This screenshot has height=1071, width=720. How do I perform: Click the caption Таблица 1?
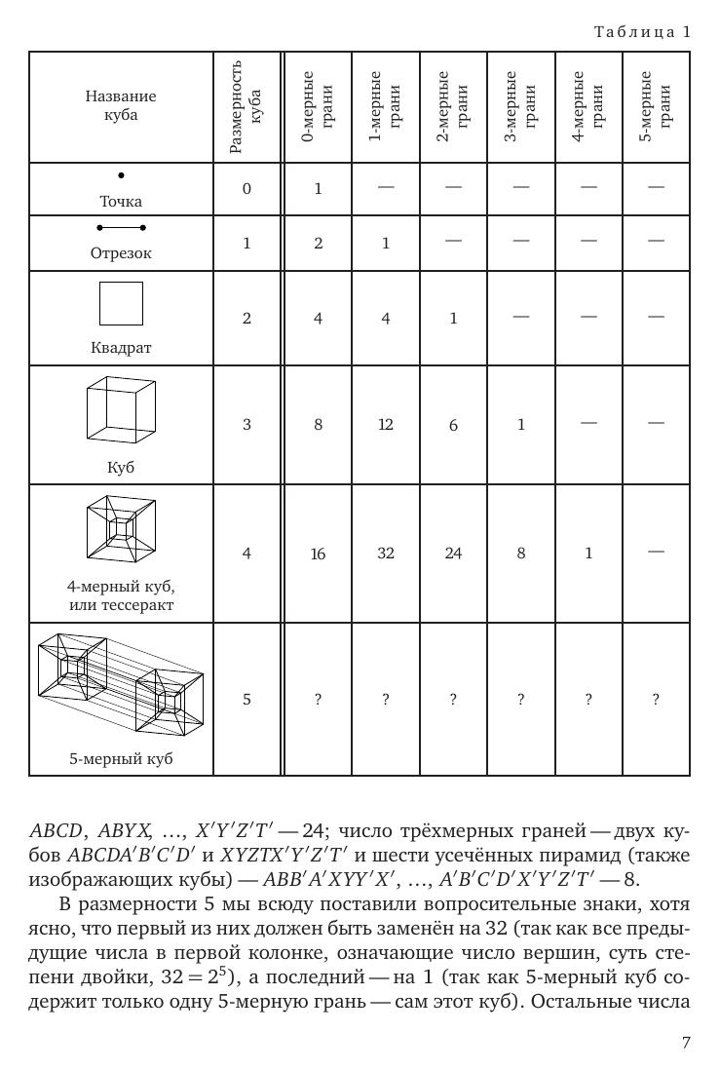click(642, 32)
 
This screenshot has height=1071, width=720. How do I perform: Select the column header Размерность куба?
click(246, 107)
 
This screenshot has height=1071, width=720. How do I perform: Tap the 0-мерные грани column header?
click(318, 107)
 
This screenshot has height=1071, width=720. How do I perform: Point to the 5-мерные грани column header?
click(656, 107)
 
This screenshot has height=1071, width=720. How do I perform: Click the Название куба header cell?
click(121, 106)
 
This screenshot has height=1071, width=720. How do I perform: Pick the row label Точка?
click(121, 202)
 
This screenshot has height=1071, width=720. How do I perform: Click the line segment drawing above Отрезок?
click(121, 228)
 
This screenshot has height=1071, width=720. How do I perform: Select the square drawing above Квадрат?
click(121, 303)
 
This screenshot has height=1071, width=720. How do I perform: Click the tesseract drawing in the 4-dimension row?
click(122, 529)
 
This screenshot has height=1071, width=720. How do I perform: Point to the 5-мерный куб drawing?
click(120, 686)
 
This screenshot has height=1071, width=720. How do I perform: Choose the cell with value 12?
click(386, 424)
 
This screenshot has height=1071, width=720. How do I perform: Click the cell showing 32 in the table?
click(386, 553)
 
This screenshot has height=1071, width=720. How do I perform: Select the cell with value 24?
click(453, 553)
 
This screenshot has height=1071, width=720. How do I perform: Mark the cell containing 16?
click(318, 554)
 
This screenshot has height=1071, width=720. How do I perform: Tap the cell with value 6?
click(453, 425)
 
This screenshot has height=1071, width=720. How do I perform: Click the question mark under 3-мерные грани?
click(520, 699)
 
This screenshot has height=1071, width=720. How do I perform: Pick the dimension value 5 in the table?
click(246, 699)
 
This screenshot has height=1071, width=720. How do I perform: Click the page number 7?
click(686, 1043)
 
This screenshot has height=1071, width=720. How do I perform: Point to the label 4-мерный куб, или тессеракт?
click(121, 596)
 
